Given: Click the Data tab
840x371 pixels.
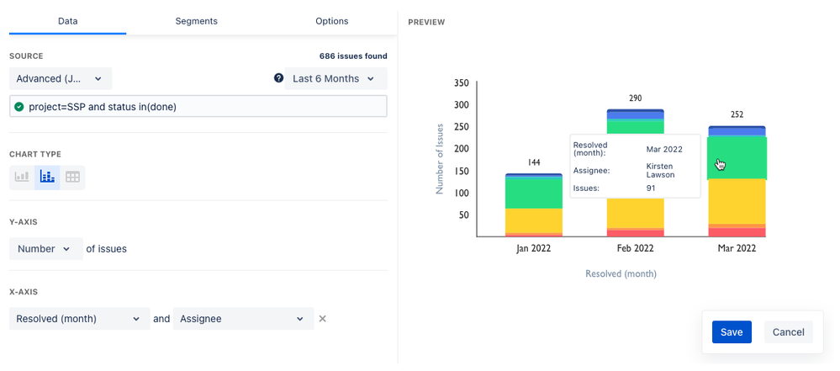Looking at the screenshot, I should (x=68, y=21).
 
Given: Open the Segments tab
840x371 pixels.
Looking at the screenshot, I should (x=197, y=21).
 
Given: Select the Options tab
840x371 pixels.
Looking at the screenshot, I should (x=331, y=21).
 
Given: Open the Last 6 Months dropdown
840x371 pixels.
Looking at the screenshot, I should (x=335, y=79).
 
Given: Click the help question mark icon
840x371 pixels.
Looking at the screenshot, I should (x=278, y=78).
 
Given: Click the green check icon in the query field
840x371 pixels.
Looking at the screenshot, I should (x=19, y=107).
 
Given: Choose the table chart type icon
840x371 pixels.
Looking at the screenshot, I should (x=73, y=178).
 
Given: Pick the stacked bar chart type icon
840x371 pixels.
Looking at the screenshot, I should (x=47, y=178).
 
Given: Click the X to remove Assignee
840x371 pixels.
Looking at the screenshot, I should (x=322, y=319).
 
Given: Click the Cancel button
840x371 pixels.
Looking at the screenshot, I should (x=788, y=332).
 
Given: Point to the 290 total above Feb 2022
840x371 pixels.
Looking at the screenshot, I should (x=635, y=98).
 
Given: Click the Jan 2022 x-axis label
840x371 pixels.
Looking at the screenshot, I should (x=533, y=248).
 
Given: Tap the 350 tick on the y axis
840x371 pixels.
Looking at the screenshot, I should (x=461, y=83).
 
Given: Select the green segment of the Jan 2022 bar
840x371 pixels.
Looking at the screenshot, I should (x=534, y=193).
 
